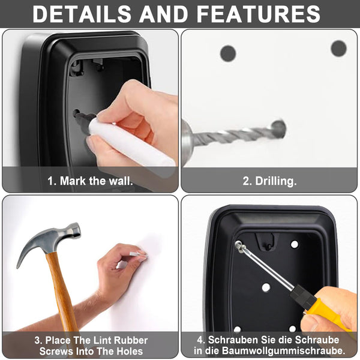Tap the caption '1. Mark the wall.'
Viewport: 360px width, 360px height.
pyautogui.click(x=90, y=181)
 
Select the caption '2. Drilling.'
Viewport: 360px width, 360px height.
pyautogui.click(x=269, y=181)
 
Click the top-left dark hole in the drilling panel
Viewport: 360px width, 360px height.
pyautogui.click(x=228, y=53)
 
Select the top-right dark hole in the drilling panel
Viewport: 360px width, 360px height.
pyautogui.click(x=338, y=48)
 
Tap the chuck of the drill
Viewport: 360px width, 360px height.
pyautogui.click(x=187, y=141)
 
